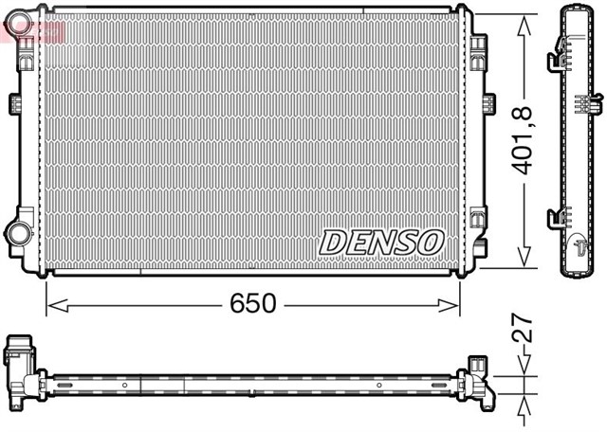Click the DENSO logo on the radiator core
(x=381, y=242)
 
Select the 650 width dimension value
(x=253, y=304)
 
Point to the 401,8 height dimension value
(x=524, y=141)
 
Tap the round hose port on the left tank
(x=19, y=232)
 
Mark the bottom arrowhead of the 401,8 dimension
(x=523, y=259)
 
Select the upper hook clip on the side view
(x=556, y=63)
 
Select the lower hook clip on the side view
(x=556, y=220)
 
